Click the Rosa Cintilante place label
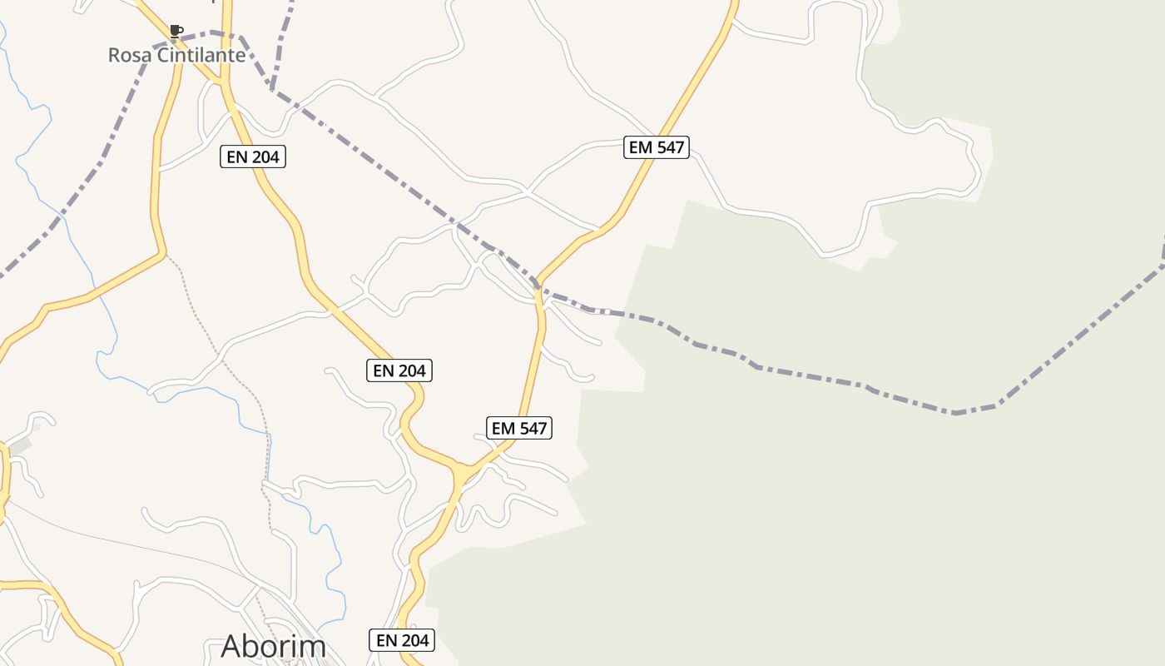click(176, 56)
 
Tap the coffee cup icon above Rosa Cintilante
click(176, 32)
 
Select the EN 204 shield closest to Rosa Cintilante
click(253, 157)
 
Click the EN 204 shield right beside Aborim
click(402, 640)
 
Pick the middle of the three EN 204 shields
click(399, 370)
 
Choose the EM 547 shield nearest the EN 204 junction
click(519, 428)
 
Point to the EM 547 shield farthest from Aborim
click(657, 147)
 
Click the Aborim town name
click(273, 647)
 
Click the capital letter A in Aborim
click(233, 647)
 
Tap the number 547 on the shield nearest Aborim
click(532, 428)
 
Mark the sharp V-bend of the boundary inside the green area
click(957, 413)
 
